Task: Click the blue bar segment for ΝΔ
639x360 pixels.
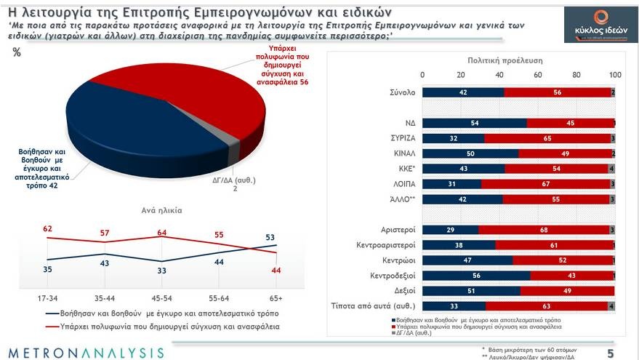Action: point(474,123)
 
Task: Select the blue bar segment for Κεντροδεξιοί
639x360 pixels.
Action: point(476,276)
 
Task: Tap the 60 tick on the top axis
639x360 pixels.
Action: point(538,75)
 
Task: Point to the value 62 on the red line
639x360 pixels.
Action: point(47,229)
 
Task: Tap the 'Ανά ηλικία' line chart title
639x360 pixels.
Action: point(161,210)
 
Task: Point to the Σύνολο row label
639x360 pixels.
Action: point(402,92)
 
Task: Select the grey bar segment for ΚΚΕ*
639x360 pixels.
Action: point(612,169)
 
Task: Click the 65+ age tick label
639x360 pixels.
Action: point(276,299)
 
